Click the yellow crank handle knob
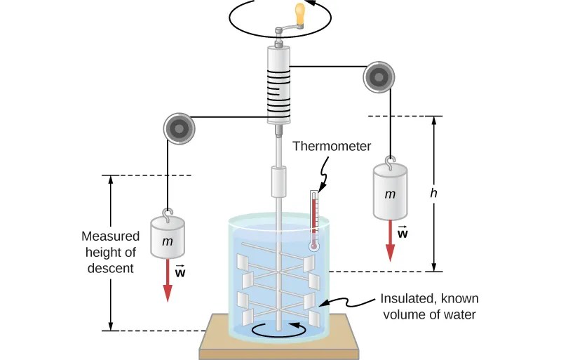pos(301,14)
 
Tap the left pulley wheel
pos(180,128)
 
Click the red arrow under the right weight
pos(391,241)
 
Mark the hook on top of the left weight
pos(168,213)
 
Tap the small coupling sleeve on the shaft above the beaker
pos(278,181)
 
